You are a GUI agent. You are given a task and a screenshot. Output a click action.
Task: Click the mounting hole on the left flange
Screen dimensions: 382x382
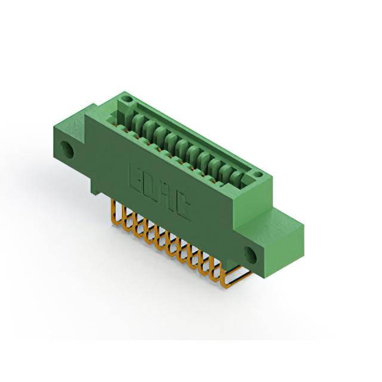pos(67,149)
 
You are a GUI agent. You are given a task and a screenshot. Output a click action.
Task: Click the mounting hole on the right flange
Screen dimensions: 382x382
pos(250,255)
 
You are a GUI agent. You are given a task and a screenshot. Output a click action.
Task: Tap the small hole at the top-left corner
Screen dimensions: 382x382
pos(126,98)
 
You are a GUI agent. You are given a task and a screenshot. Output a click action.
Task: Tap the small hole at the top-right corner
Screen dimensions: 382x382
pos(258,174)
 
